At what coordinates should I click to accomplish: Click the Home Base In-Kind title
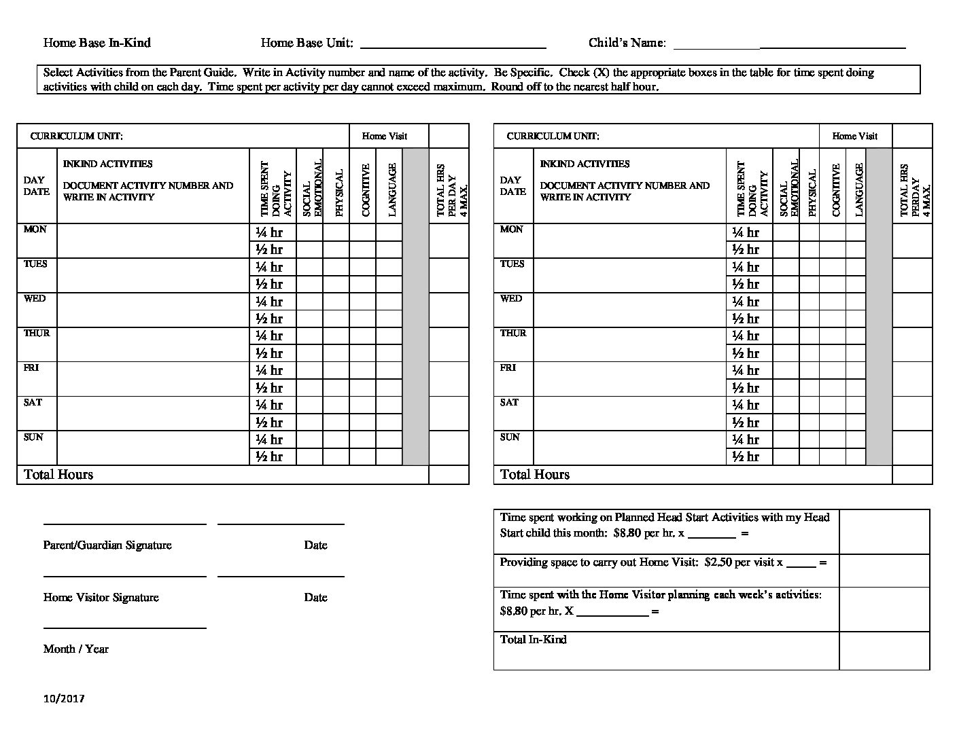tap(97, 43)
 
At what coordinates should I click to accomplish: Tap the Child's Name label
tap(627, 43)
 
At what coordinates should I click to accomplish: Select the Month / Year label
tap(75, 649)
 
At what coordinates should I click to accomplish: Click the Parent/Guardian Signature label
tap(107, 545)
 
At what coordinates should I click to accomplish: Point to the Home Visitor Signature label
tap(101, 597)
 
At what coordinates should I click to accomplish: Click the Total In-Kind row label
tap(533, 639)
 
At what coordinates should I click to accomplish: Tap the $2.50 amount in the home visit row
tap(718, 562)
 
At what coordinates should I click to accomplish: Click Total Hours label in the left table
tap(58, 474)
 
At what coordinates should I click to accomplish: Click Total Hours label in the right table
tap(535, 474)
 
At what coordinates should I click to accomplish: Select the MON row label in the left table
tap(35, 230)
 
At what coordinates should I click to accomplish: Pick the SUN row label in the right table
tap(510, 437)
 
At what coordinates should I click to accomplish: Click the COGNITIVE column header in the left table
tap(366, 190)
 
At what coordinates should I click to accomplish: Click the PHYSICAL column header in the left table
tap(339, 193)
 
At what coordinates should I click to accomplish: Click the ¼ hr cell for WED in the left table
tap(269, 302)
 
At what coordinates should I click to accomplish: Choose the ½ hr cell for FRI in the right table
tap(746, 388)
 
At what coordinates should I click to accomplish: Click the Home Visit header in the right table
tap(854, 136)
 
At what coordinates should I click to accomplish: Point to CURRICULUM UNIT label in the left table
tap(77, 136)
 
